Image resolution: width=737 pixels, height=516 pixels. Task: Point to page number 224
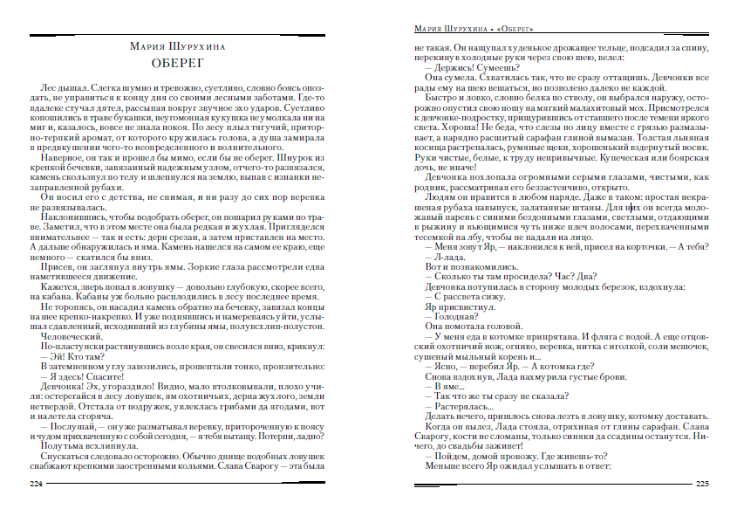tap(36, 483)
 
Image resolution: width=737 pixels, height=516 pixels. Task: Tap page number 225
tap(702, 483)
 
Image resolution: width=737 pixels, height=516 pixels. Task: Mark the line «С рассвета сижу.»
tap(459, 295)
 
